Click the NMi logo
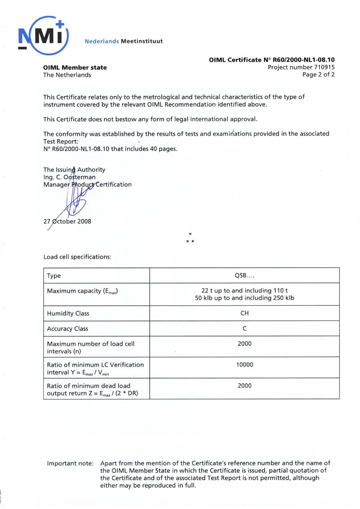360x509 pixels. coord(43,36)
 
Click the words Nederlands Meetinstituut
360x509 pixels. coord(123,41)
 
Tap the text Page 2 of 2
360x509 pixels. coord(318,75)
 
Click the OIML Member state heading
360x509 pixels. coord(75,68)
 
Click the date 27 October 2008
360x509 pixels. coord(67,221)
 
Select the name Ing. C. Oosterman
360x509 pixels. coord(69,177)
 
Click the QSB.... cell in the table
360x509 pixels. coord(244,276)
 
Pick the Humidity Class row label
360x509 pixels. coord(68,314)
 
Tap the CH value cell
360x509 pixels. coord(244,314)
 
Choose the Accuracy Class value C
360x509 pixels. coord(244,329)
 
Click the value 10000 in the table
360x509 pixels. coord(244,365)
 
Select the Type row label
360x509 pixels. coord(54,276)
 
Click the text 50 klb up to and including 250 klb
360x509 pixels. coord(244,298)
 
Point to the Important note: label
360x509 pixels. coord(70,463)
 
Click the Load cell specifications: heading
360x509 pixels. coord(77,257)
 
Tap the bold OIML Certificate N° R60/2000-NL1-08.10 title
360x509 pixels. coord(272,60)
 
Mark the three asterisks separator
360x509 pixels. coord(190,238)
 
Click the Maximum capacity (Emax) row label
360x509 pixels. coord(82,291)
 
